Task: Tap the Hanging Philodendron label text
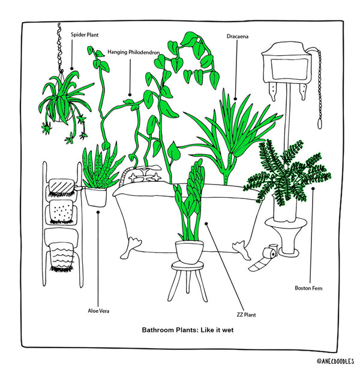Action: tap(134, 52)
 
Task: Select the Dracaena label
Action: tap(238, 37)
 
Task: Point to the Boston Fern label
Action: tap(308, 288)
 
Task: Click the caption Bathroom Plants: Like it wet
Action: tap(187, 330)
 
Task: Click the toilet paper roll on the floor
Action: tap(264, 257)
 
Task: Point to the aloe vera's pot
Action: tap(95, 197)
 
